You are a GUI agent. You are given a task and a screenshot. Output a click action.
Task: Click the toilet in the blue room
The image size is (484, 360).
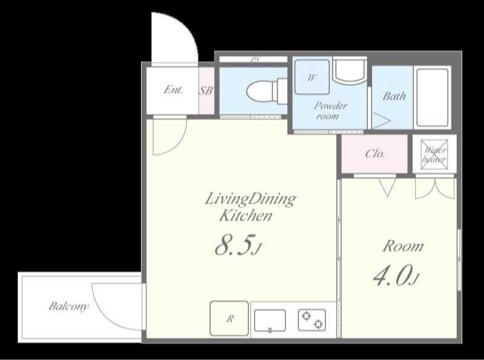[x=267, y=91]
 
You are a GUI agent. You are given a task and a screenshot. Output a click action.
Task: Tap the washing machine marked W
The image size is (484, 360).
[x=312, y=77]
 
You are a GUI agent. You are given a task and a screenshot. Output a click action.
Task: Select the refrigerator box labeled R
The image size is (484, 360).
[x=229, y=318]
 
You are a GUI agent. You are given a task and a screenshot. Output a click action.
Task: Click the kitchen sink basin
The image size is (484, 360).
[x=270, y=321]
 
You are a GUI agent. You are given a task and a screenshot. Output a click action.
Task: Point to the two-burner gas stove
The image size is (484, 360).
[x=312, y=320]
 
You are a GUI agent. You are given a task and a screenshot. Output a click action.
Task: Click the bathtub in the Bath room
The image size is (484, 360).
[x=432, y=97]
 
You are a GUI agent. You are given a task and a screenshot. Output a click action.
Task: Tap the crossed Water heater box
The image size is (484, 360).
[x=434, y=154]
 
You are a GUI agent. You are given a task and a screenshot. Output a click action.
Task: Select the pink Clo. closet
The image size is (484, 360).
[x=374, y=154]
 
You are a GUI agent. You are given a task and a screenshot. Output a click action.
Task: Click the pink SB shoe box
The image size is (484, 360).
[x=206, y=91]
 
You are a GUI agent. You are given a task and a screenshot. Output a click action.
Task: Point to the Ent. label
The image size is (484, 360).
[x=173, y=90]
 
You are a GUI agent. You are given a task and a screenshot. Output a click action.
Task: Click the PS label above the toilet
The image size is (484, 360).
[x=255, y=59]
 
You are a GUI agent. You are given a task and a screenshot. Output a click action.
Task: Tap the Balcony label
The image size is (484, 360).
[x=69, y=306]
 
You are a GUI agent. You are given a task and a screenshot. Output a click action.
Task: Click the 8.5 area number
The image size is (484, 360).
[x=235, y=245]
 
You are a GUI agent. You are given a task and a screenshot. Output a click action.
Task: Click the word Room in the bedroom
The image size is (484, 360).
[x=403, y=246]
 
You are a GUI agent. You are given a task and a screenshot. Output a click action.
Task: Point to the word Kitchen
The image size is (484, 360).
[x=246, y=215]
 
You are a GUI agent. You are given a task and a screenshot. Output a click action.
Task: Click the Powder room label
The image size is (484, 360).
[x=329, y=111]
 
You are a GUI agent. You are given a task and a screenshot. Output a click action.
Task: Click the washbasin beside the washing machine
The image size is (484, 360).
[x=350, y=71]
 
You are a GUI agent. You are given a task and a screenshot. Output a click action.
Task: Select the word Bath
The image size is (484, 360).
[x=394, y=96]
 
